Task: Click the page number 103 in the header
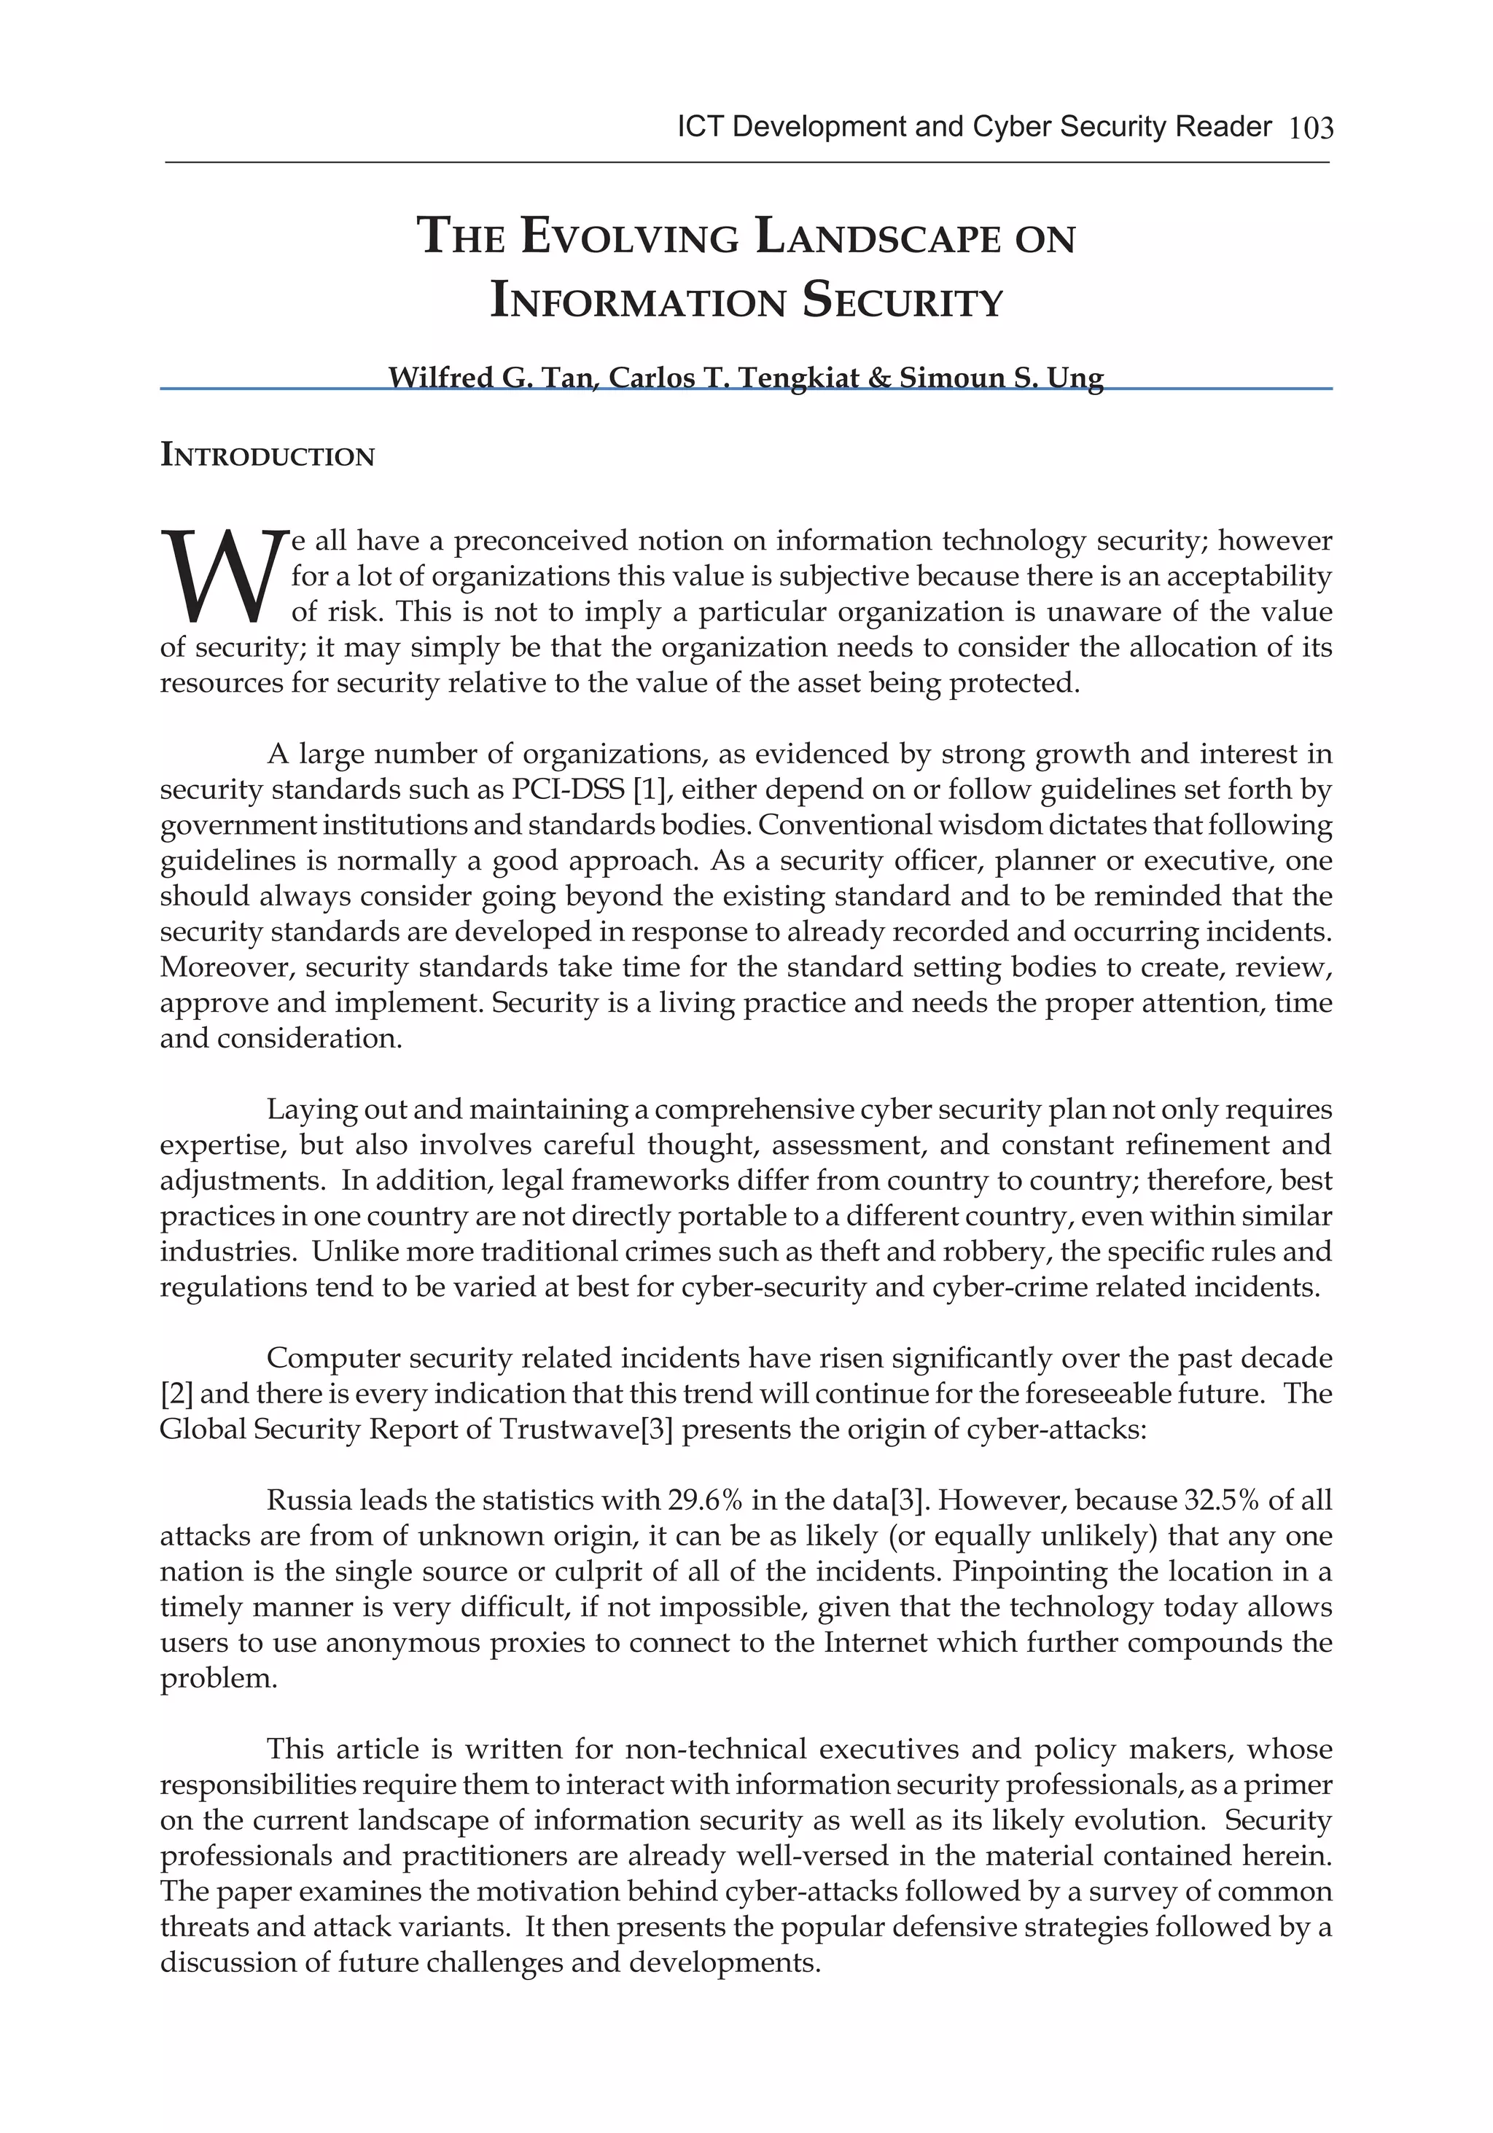point(1311,128)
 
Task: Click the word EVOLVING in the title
point(630,237)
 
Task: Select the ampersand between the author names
point(881,378)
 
